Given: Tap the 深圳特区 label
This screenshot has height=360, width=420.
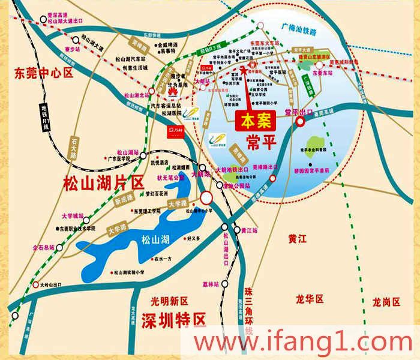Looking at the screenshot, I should point(173,319).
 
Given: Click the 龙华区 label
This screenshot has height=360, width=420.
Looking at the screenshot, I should point(310,299).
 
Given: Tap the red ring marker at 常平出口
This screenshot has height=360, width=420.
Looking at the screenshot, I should point(301,121).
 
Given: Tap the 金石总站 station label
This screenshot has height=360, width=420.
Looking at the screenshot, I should point(43,247).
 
